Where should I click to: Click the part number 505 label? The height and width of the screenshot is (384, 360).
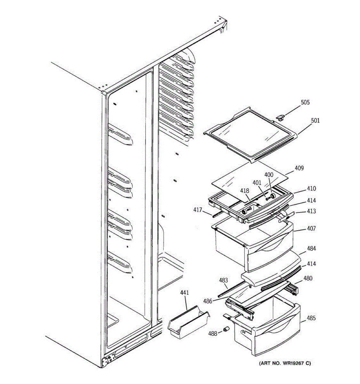(305, 103)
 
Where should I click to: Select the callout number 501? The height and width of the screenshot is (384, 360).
(315, 121)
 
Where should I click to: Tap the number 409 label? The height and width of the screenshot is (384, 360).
(299, 168)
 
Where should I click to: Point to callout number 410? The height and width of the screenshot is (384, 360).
(311, 189)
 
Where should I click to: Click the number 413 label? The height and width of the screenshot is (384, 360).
(311, 211)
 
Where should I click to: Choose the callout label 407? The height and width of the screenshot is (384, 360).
(311, 228)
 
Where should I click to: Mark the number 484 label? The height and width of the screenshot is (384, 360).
(311, 249)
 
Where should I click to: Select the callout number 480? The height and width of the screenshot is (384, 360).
(308, 278)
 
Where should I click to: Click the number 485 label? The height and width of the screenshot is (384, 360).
(311, 318)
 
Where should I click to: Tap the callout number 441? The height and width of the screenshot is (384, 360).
(185, 292)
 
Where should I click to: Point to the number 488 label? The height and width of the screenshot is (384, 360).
(212, 333)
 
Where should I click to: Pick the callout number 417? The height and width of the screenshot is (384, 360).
(197, 210)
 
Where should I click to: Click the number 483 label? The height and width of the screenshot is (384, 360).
(223, 281)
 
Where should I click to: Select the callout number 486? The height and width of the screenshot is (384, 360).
(208, 301)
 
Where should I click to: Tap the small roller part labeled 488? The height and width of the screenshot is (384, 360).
(227, 330)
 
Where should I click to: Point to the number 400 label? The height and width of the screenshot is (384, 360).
(269, 175)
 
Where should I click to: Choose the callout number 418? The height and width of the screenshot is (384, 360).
(245, 191)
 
